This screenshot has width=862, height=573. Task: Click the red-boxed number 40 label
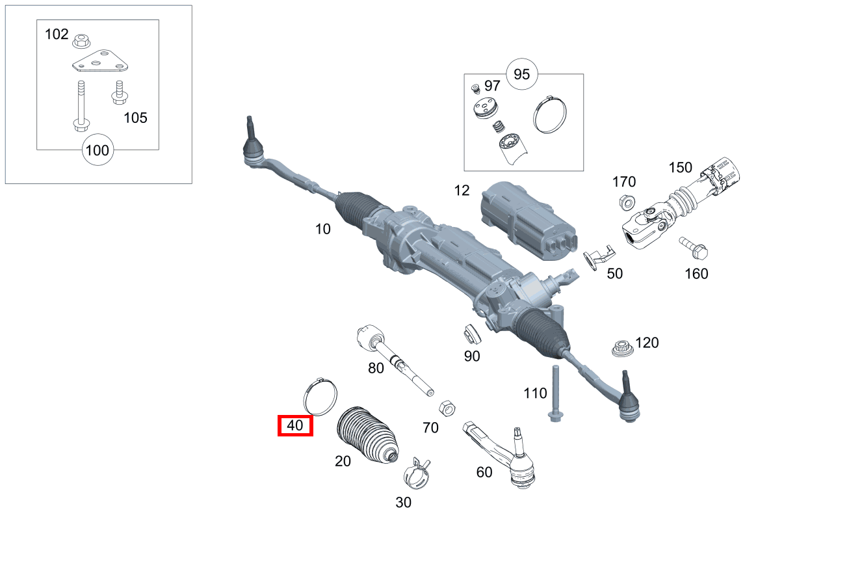(295, 425)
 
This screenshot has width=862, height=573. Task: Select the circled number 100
(98, 151)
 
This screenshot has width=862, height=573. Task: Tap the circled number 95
(522, 74)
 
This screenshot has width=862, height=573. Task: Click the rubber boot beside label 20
(367, 435)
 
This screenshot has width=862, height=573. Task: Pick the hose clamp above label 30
(417, 473)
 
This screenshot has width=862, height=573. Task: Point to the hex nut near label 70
(447, 408)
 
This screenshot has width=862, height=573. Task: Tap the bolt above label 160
(694, 247)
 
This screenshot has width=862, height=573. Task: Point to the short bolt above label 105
(119, 92)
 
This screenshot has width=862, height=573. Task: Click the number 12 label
(462, 191)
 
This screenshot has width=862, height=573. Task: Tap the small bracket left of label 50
(597, 256)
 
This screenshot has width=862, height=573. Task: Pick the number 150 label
(681, 167)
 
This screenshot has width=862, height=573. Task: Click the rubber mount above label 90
(471, 334)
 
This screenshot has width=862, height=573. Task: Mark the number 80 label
(376, 368)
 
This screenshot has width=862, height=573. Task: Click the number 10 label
(322, 229)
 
